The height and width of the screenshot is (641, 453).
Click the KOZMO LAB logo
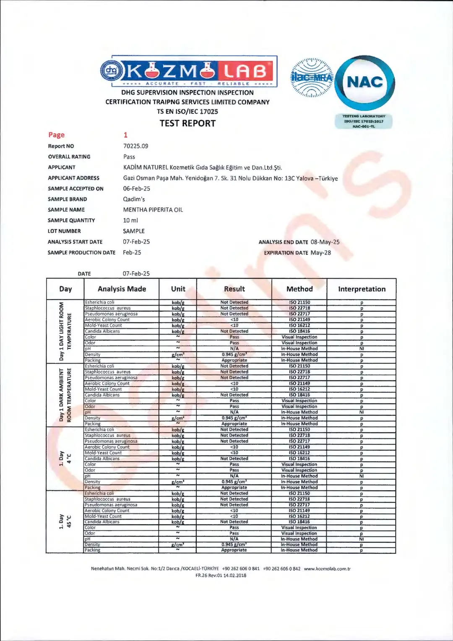(189, 71)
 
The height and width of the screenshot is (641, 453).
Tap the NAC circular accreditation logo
(365, 83)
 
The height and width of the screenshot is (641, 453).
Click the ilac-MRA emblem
(312, 78)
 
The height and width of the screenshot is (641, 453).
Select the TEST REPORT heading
(187, 123)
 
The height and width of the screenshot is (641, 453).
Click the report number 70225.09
(135, 146)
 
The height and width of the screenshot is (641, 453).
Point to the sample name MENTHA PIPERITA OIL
(153, 210)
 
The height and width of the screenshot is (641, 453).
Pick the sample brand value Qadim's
(134, 199)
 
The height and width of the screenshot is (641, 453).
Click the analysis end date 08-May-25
(325, 242)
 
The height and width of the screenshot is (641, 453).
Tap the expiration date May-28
(320, 253)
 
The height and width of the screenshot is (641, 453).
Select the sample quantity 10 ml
(130, 220)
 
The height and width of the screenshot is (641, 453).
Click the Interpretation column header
(362, 289)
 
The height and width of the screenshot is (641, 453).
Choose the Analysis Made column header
(122, 289)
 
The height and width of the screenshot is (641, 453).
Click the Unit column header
(178, 289)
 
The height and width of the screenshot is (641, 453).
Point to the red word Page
(56, 135)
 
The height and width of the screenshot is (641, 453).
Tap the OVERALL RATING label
(69, 157)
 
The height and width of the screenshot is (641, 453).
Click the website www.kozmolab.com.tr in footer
(327, 569)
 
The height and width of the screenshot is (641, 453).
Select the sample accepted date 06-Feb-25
(136, 189)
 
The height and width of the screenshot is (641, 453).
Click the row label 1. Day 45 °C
(65, 521)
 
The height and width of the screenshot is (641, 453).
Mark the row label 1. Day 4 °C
(65, 458)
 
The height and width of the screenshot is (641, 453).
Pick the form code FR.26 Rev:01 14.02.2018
(221, 576)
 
